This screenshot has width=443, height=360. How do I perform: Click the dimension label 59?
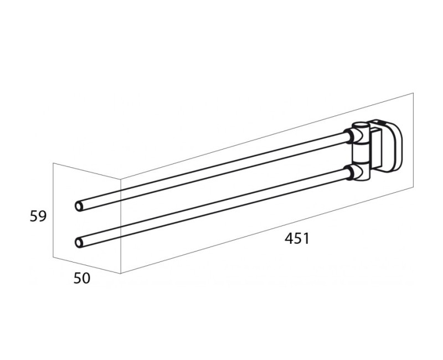[x=38, y=217]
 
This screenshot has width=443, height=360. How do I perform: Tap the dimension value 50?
[x=81, y=279]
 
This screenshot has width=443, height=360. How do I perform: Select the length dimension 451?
[x=297, y=239]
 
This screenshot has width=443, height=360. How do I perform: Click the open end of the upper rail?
[x=79, y=206]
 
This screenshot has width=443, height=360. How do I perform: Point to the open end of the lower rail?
[x=79, y=243]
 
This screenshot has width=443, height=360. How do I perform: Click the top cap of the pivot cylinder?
[x=360, y=125]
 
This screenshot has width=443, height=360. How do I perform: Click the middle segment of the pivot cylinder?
[x=359, y=153]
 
